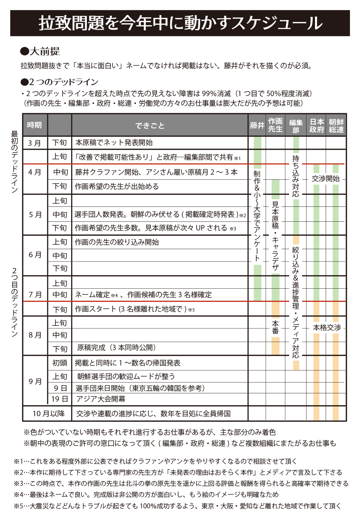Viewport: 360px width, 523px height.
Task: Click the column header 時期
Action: coord(34,125)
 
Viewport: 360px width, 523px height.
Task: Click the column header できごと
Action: coord(150,125)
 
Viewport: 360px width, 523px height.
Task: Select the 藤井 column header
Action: coord(257,125)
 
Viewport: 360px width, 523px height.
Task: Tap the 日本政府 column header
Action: coord(317,125)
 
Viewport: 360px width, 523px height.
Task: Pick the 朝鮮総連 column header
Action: coord(336,125)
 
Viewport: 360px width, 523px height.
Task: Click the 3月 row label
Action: coord(35,143)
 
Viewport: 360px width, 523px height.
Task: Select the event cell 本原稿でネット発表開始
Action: coord(114,143)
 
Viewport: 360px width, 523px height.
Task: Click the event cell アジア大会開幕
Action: coord(100,399)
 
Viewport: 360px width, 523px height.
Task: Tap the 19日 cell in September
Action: coord(59,399)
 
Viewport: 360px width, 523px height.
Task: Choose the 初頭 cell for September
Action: coord(59,363)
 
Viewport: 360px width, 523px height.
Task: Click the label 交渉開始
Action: coord(326,179)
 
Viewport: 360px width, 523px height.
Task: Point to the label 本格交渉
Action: coord(327,328)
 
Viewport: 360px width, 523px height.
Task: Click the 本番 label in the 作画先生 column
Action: coord(275,327)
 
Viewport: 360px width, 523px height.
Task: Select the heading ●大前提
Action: coord(40,51)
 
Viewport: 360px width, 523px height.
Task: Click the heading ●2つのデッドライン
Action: coord(59,82)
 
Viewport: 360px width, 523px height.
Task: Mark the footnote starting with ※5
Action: coord(177,506)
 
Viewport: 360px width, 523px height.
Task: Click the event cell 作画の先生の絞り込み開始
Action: coord(117,242)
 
